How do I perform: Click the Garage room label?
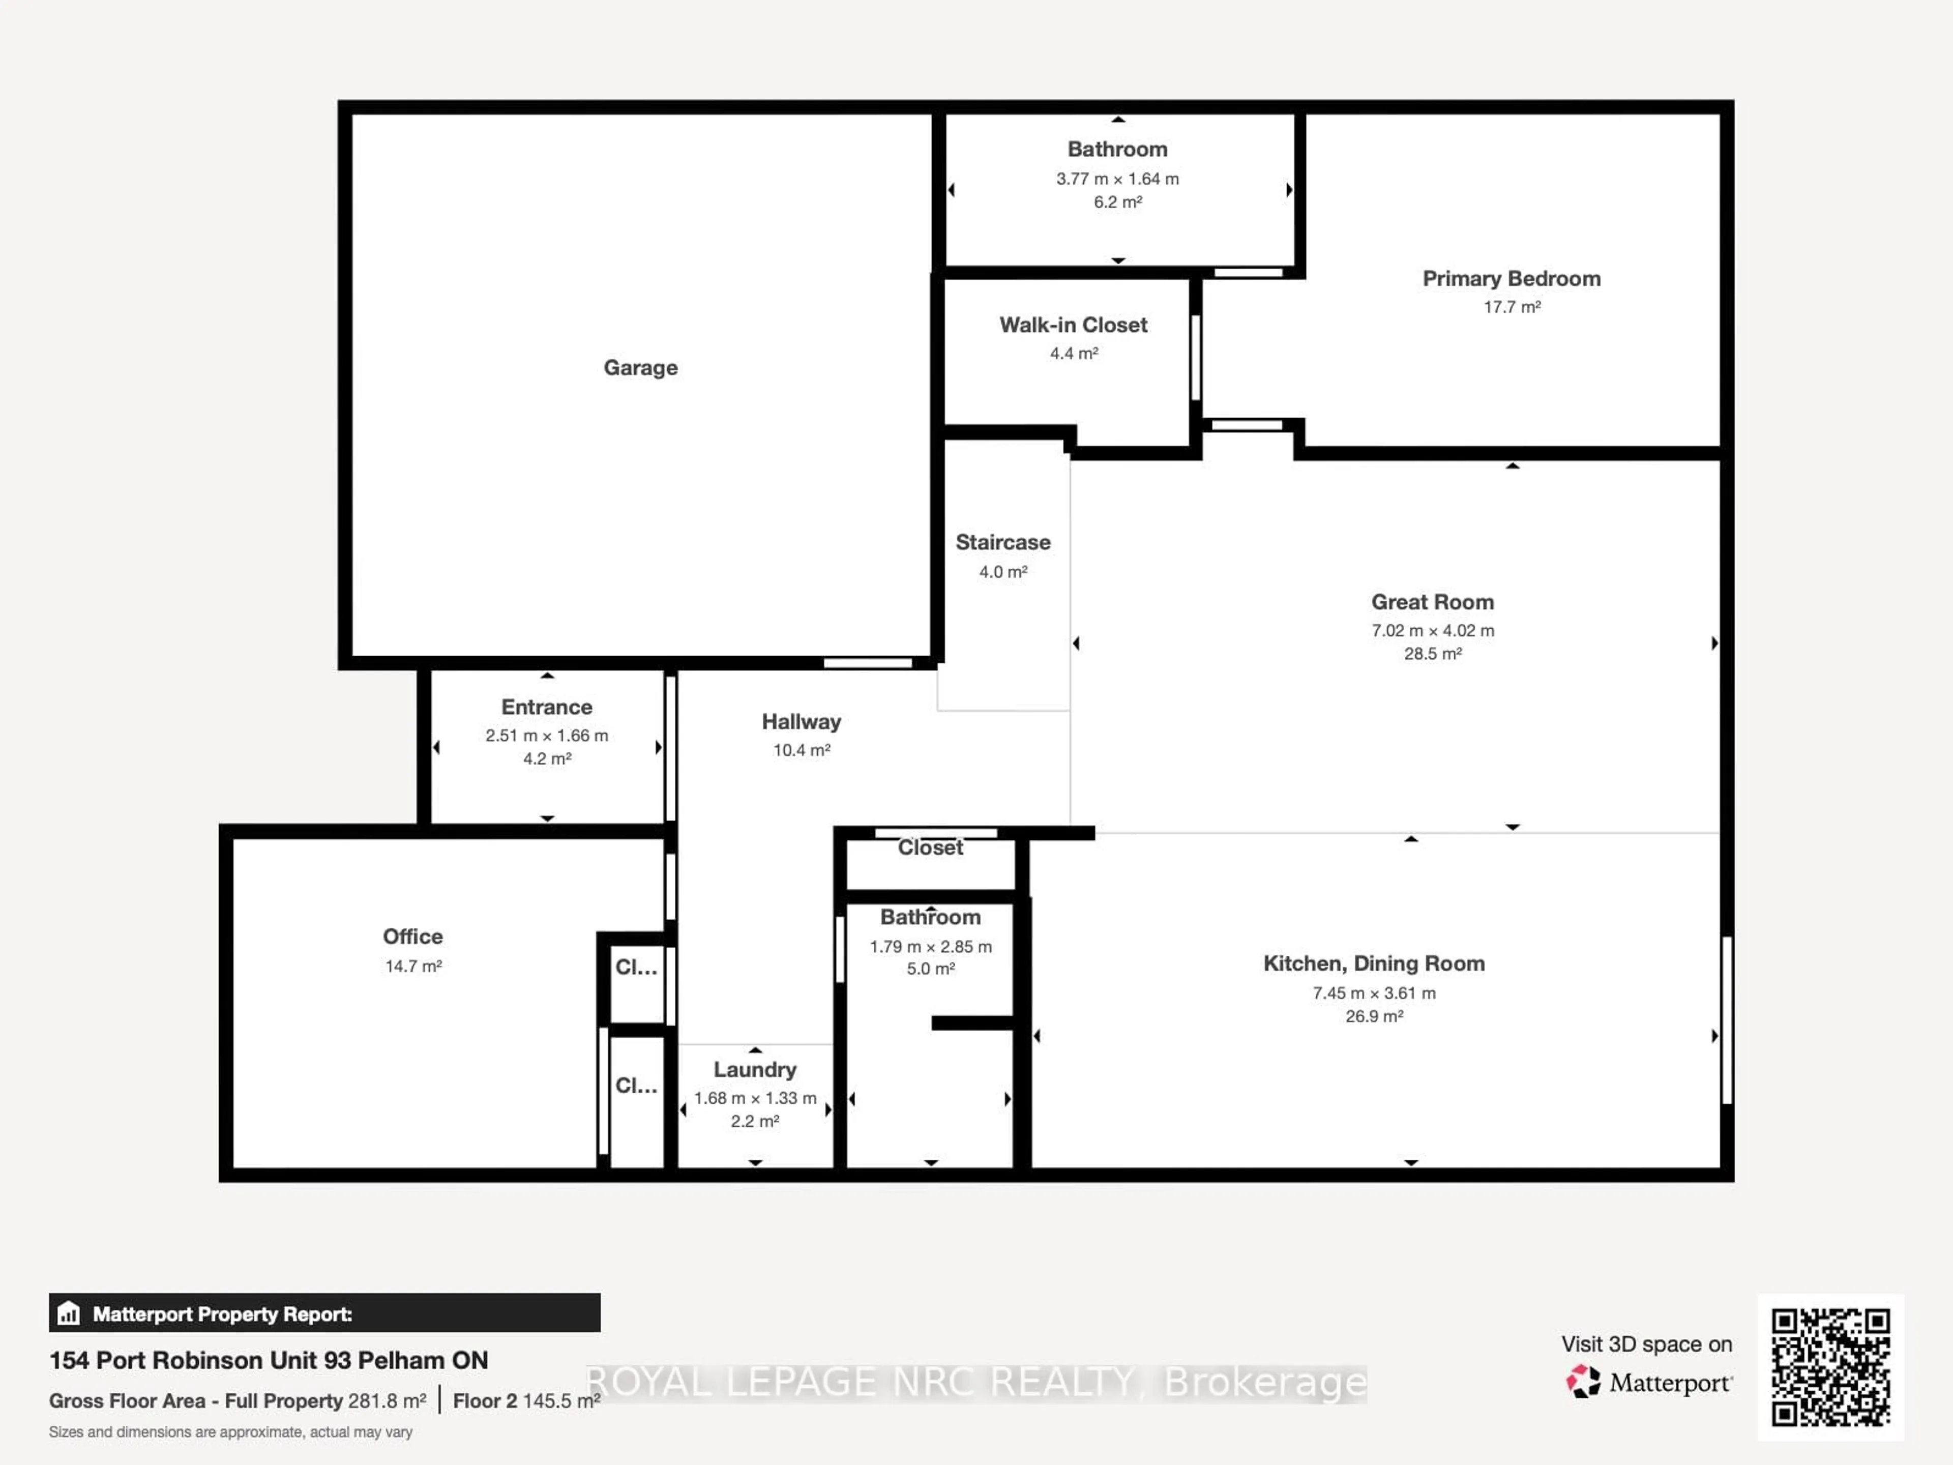click(x=640, y=367)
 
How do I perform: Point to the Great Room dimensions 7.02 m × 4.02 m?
click(x=1432, y=630)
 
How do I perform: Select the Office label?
click(x=412, y=936)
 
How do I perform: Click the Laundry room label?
click(x=755, y=1069)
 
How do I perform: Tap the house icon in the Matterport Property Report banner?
click(x=69, y=1314)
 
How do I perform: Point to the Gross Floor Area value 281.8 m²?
click(x=387, y=1400)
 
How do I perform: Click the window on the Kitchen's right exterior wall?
click(x=1726, y=1020)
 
